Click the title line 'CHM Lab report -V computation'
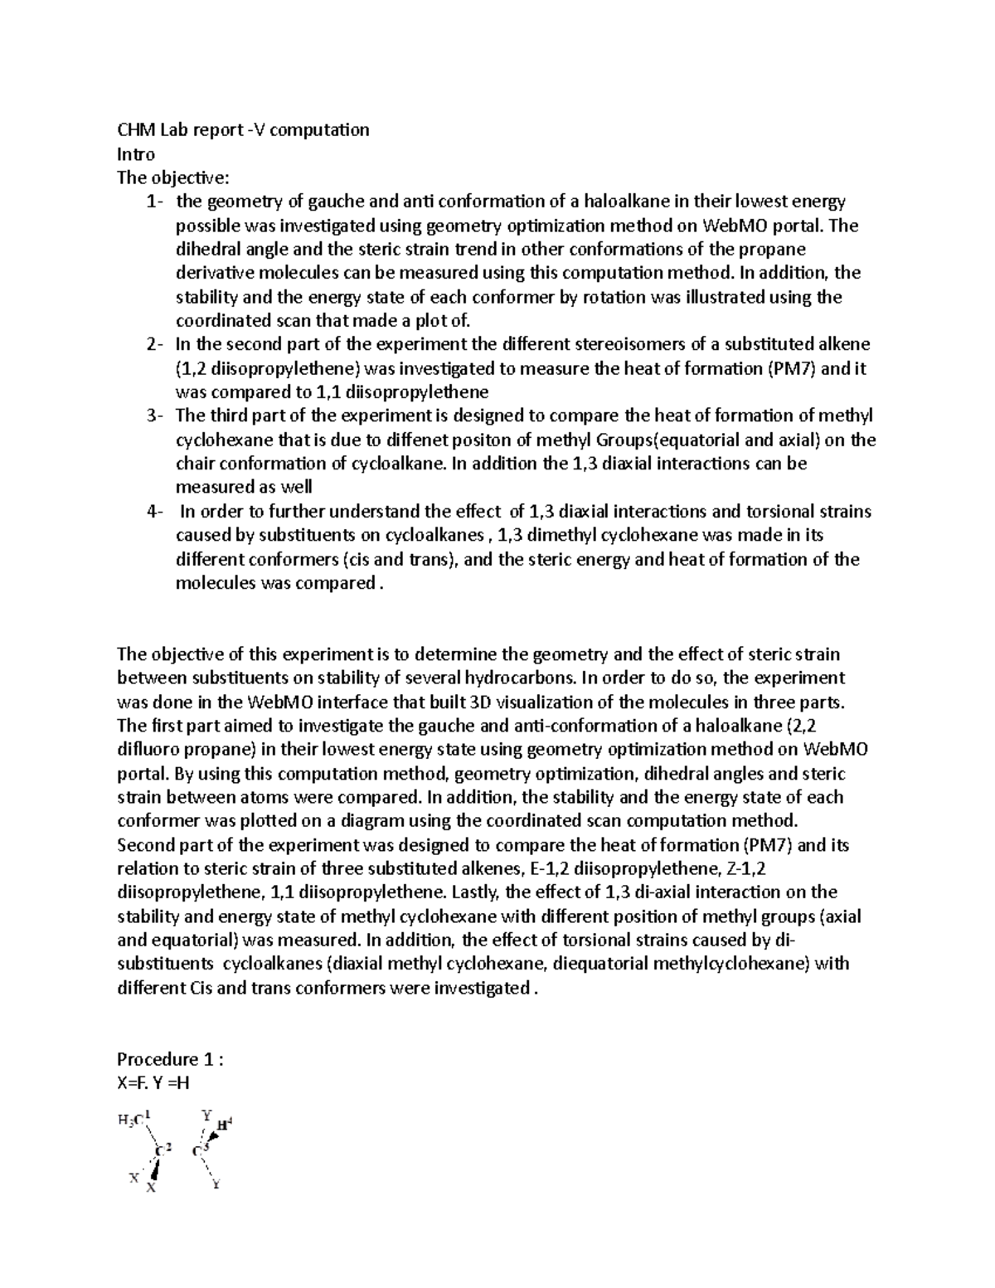click(243, 129)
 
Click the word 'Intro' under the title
click(136, 153)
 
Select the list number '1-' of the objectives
click(155, 202)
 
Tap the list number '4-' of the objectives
click(155, 512)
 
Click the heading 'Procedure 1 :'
click(171, 1059)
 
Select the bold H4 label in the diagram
click(224, 1125)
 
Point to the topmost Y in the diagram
click(206, 1115)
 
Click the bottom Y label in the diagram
click(216, 1184)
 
